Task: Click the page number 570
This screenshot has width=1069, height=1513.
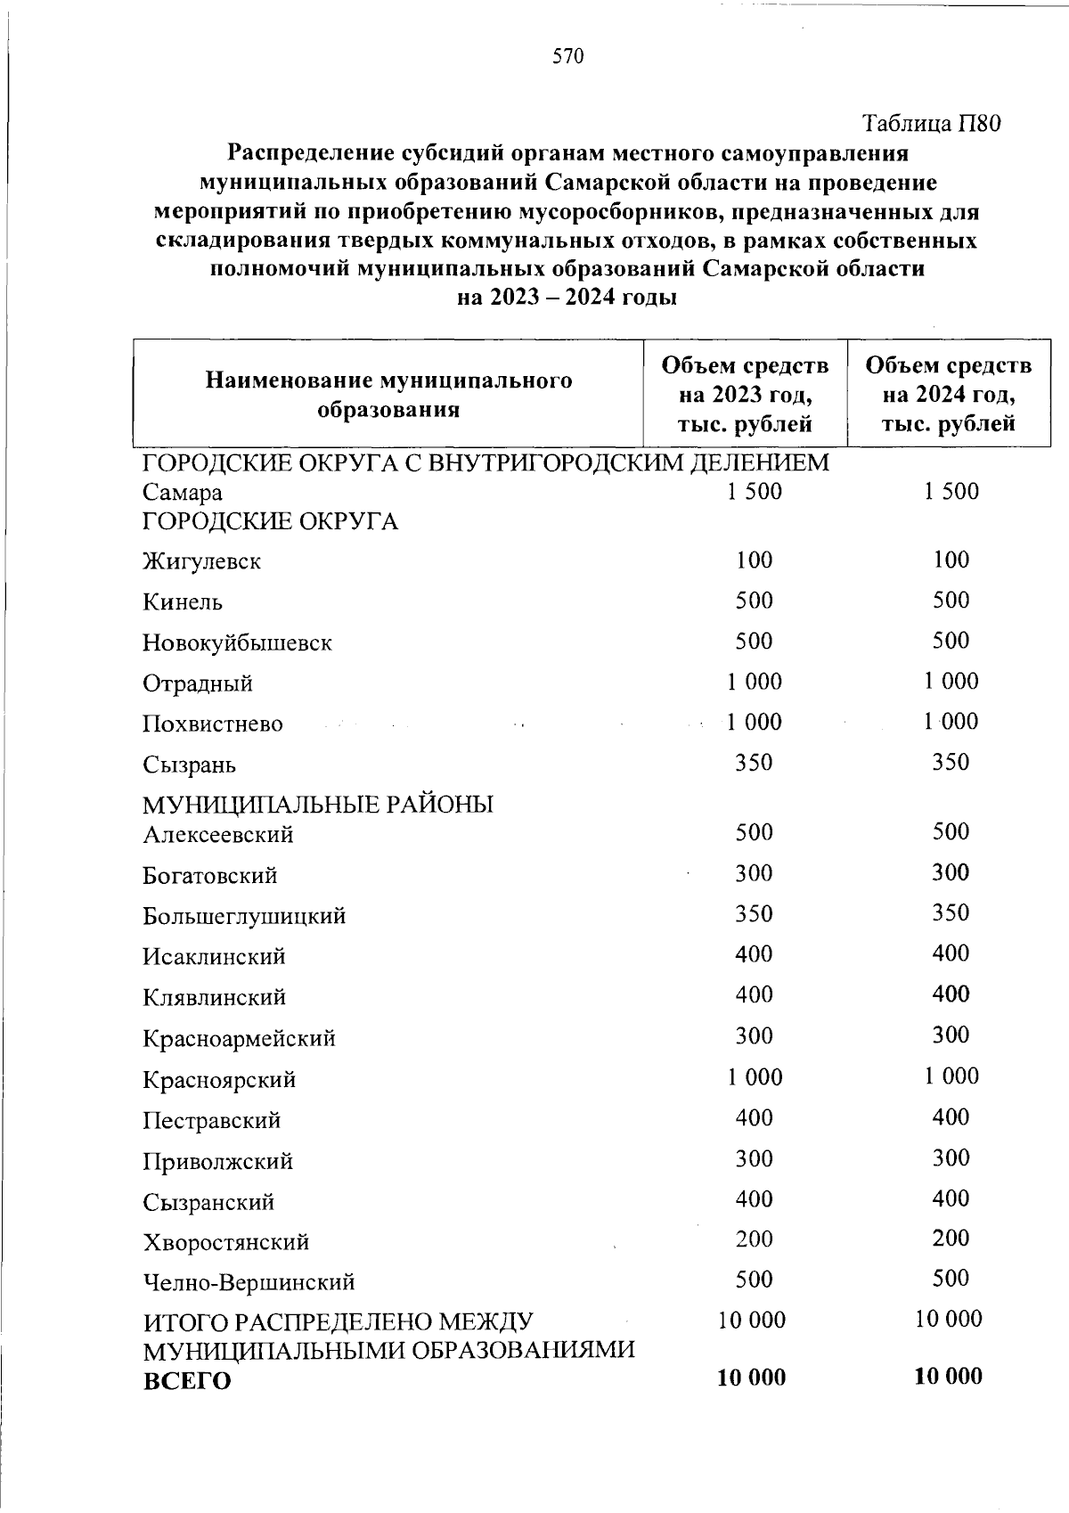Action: point(567,58)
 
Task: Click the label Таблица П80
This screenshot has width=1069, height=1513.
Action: point(933,123)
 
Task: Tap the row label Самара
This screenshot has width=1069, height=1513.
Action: point(183,492)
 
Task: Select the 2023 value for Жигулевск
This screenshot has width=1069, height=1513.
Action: point(754,560)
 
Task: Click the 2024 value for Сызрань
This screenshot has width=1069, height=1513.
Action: point(951,762)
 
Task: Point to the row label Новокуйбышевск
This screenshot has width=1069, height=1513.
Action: point(237,642)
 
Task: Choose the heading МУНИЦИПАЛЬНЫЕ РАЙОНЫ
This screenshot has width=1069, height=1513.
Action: point(318,805)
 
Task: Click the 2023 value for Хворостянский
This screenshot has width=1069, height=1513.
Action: point(754,1238)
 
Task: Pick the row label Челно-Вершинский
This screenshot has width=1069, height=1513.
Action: point(249,1281)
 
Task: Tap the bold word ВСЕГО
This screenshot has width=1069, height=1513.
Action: point(187,1380)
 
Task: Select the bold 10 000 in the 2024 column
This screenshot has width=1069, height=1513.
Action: point(948,1376)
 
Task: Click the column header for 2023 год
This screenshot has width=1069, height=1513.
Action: point(745,394)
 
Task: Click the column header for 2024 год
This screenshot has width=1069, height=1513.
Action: point(949,394)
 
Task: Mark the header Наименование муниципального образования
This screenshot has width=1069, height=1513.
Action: point(388,395)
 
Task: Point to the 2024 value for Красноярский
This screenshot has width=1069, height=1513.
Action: point(951,1075)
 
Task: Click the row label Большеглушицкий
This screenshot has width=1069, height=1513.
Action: point(244,915)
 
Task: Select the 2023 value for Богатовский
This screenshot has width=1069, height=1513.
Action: point(754,872)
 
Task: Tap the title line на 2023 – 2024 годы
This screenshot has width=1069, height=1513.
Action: point(567,297)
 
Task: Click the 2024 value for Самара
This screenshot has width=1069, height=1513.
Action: point(951,491)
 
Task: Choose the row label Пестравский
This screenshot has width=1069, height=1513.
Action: point(212,1120)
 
